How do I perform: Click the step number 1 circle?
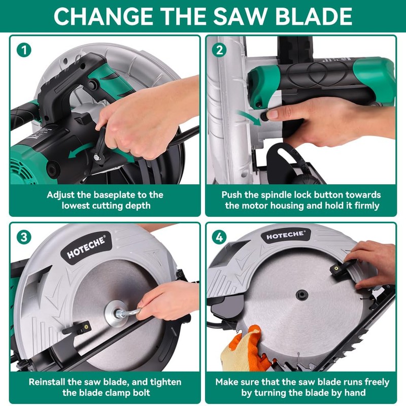pyautogui.click(x=23, y=50)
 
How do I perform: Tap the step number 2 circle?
pyautogui.click(x=219, y=50)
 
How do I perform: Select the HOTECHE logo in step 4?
pyautogui.click(x=286, y=234)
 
